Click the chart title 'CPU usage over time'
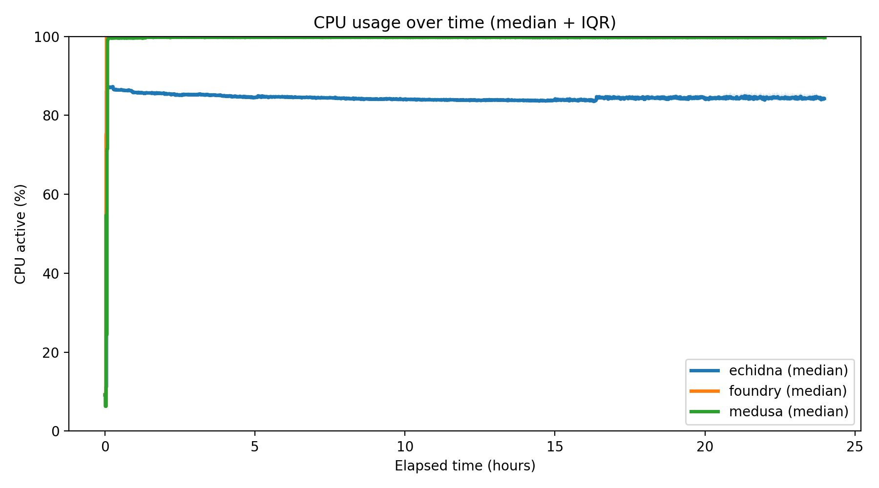(x=464, y=23)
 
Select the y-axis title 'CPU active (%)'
(x=20, y=234)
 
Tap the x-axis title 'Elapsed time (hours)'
(x=465, y=466)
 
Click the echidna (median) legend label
(x=788, y=370)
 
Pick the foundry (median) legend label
(x=788, y=391)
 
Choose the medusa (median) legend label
(x=788, y=411)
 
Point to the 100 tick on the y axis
(x=47, y=37)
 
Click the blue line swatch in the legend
(x=705, y=371)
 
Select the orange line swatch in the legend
(x=705, y=391)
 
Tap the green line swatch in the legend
(x=705, y=411)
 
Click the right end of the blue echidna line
(x=824, y=99)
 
